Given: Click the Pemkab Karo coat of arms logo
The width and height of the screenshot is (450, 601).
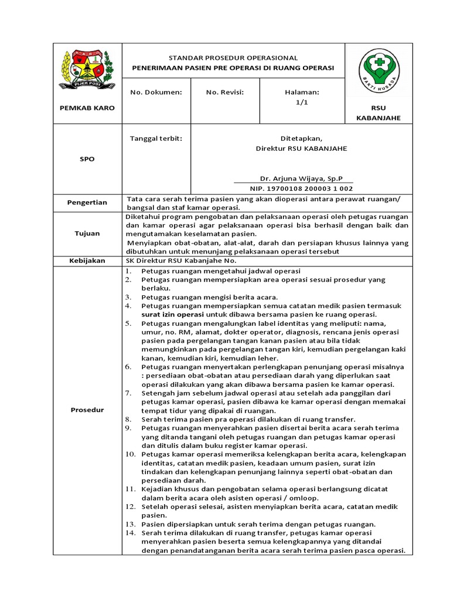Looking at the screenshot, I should point(87,69).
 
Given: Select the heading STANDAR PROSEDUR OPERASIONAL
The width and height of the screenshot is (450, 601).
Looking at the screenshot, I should point(233,58).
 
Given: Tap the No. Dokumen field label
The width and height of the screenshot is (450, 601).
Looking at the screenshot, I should point(156,92).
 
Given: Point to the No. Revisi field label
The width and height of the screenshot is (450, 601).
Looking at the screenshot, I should point(224,92).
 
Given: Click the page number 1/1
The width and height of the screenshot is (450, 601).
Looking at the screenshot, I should point(302,102).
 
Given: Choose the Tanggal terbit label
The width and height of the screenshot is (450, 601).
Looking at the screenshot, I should point(156,139).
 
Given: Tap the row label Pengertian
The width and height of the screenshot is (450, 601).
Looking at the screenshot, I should point(87,202).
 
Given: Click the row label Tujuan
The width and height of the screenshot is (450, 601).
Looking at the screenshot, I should point(87,233).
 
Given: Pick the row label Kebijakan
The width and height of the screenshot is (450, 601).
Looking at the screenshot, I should point(87,261).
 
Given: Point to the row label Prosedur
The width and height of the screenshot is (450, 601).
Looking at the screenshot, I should point(87,410).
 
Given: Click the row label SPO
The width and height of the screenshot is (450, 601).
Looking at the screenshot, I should point(87,159).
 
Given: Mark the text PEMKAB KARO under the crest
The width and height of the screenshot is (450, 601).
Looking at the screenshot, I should point(87,108).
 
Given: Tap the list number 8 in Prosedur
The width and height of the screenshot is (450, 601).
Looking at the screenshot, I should point(129,420).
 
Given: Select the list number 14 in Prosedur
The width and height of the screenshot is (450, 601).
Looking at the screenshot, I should point(131,532).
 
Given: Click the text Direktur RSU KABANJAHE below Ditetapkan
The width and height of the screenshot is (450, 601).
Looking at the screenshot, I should point(301,148).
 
